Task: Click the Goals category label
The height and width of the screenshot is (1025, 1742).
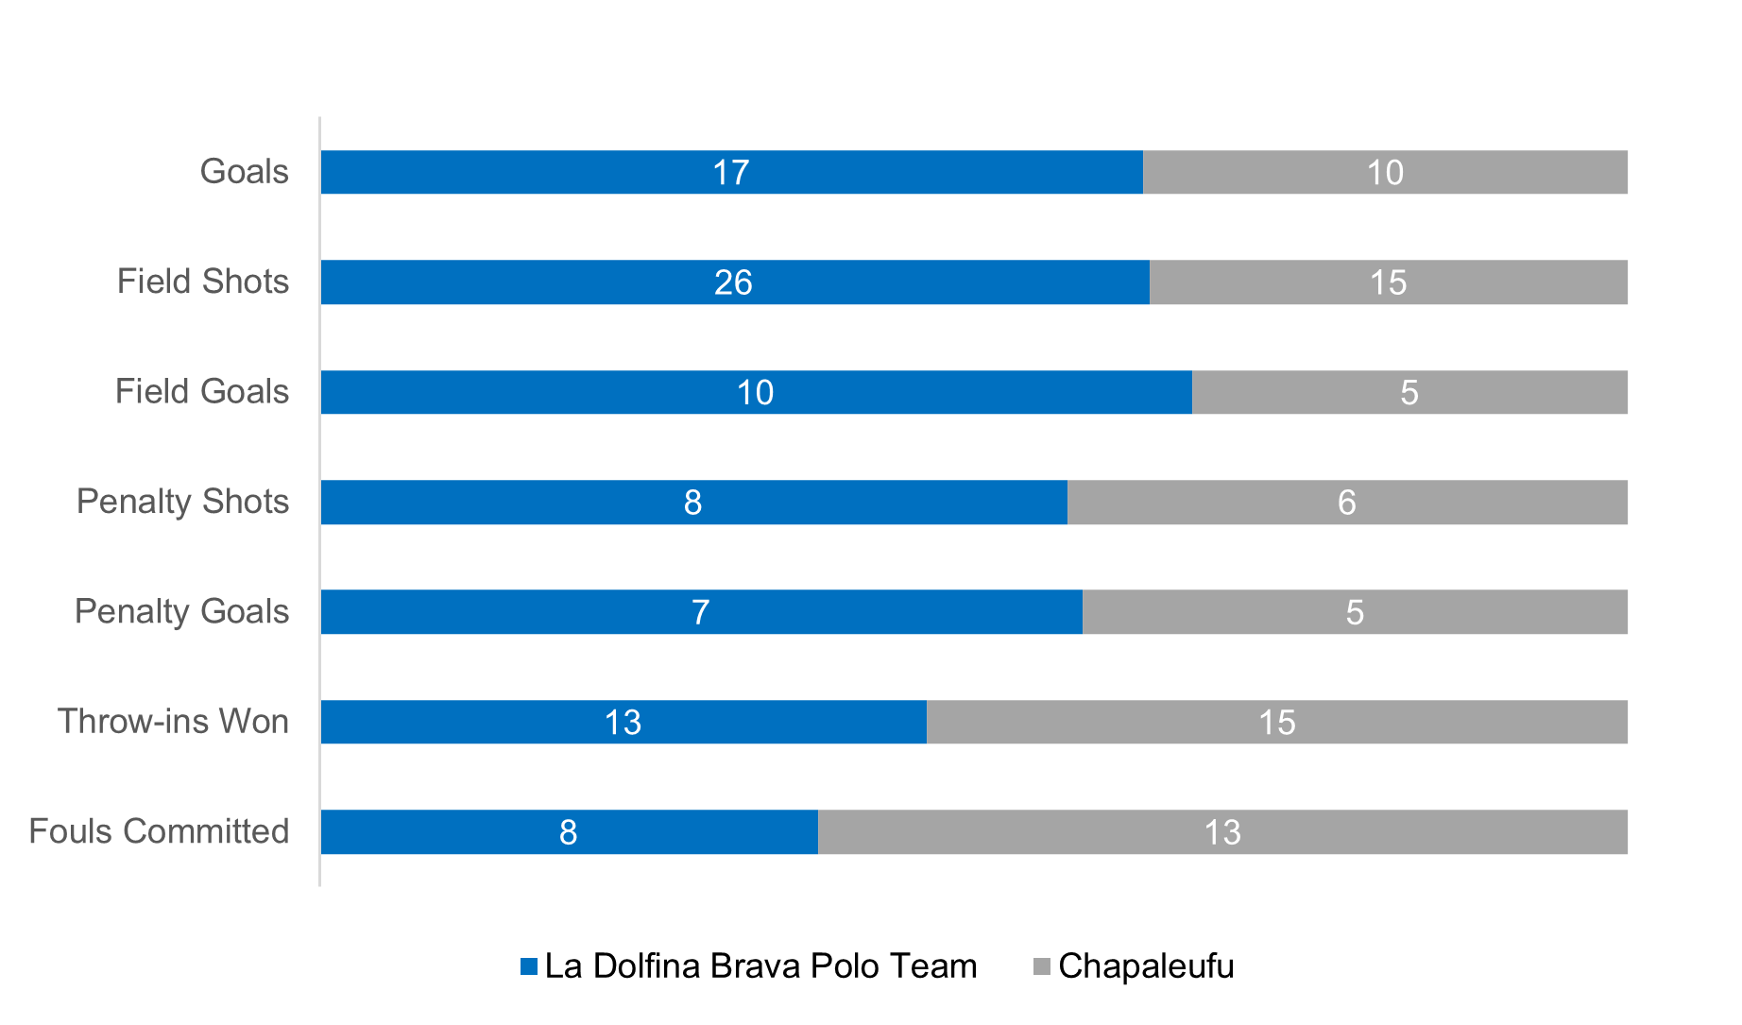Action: tap(244, 172)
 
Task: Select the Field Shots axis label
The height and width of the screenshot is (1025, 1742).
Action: tap(202, 282)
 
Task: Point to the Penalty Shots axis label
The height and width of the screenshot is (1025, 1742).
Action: tap(182, 502)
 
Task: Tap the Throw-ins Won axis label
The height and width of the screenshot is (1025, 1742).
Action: tap(173, 722)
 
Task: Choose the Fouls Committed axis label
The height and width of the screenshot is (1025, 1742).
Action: tap(159, 831)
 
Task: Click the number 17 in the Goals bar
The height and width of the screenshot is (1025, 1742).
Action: tap(730, 173)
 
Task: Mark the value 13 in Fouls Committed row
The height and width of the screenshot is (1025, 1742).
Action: tap(1221, 832)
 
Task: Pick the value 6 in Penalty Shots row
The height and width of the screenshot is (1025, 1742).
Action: tap(1346, 503)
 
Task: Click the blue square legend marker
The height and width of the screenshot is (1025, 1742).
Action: tap(529, 966)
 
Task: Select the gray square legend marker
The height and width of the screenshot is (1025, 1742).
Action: tap(1041, 966)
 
